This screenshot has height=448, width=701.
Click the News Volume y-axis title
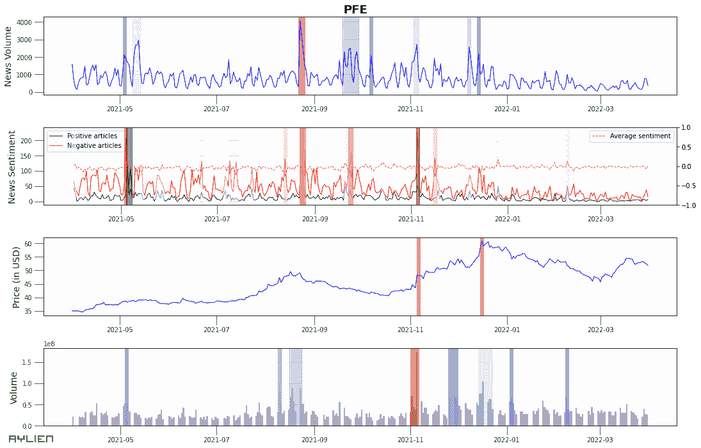(x=8, y=56)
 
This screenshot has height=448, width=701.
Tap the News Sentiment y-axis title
(x=11, y=166)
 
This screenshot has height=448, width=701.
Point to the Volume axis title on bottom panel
(x=13, y=387)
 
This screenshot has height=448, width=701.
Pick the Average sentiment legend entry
(x=640, y=136)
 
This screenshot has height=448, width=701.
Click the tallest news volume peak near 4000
(x=300, y=21)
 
